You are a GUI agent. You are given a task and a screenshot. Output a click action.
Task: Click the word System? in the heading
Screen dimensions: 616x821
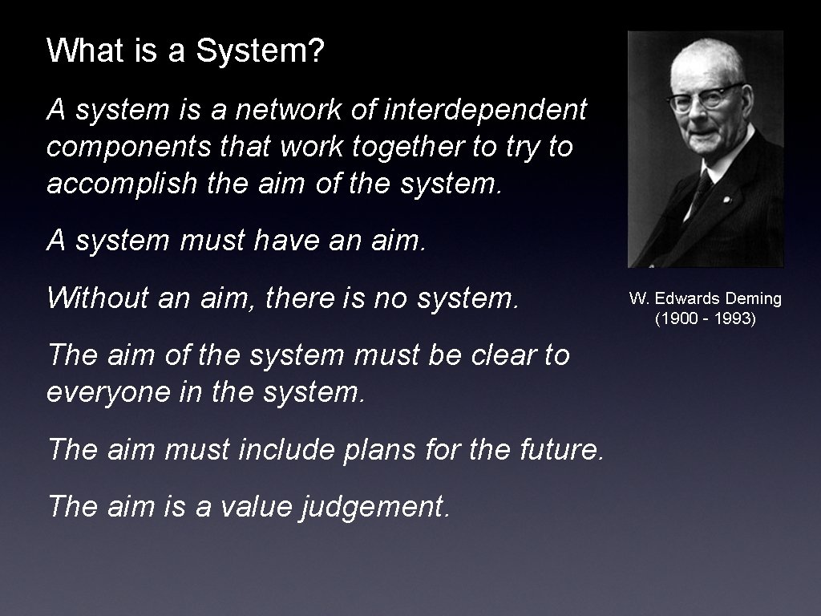261,51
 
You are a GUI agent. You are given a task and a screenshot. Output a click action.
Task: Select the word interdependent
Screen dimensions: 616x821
486,110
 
